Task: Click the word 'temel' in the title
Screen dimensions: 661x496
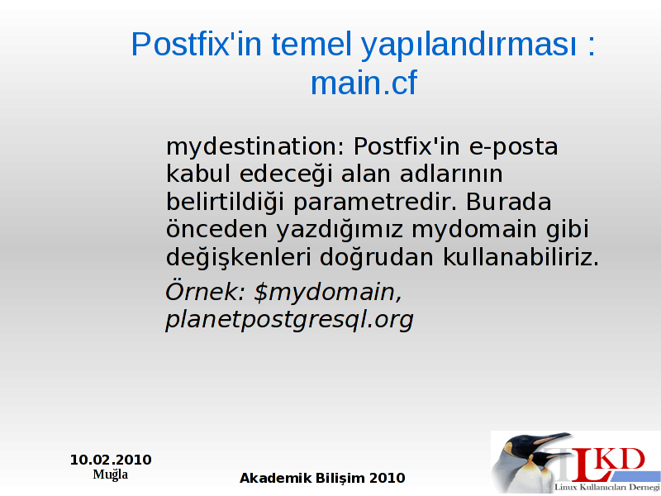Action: (311, 45)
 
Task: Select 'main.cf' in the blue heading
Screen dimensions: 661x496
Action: (364, 83)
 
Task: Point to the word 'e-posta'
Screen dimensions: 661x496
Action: (513, 148)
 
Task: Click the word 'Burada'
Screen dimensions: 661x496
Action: (508, 202)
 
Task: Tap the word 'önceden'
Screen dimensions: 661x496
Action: (216, 230)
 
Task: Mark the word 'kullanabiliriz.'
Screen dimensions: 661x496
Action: (521, 256)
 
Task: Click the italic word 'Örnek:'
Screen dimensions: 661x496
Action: (205, 291)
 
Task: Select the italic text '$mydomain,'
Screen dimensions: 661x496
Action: (328, 293)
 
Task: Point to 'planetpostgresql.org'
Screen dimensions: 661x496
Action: (289, 320)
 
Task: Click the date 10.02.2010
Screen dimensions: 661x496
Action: (111, 460)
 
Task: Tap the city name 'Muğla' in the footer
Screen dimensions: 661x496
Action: (111, 475)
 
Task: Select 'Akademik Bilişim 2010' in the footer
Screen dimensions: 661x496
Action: (322, 479)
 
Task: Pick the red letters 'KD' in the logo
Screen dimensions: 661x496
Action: (622, 460)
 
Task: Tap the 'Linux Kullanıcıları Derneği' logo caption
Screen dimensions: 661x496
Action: (607, 488)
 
